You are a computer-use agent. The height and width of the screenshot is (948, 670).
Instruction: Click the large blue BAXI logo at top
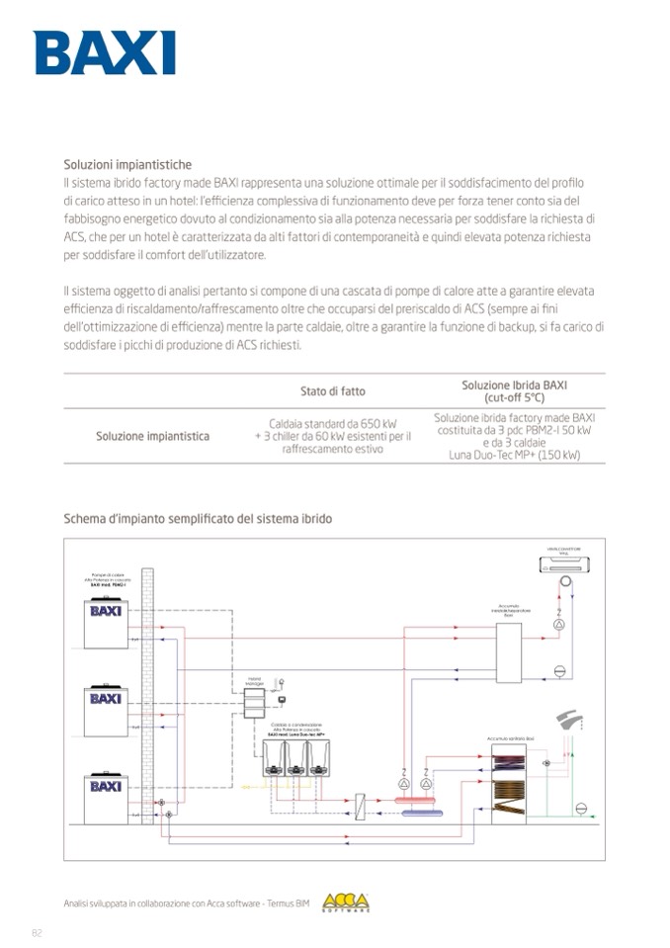point(105,52)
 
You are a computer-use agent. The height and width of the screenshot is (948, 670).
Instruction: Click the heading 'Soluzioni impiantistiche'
point(127,165)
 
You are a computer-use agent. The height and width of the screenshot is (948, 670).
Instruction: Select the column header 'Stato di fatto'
point(332,391)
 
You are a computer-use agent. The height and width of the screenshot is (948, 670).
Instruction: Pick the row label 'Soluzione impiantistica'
point(152,436)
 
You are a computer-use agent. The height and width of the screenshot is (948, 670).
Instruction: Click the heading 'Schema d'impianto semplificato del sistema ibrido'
point(198,518)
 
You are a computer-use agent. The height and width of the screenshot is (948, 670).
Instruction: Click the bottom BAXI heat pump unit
point(106,797)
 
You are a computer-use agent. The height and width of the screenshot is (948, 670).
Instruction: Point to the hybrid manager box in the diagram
point(254,703)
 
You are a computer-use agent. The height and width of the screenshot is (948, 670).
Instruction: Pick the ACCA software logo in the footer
point(346,903)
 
